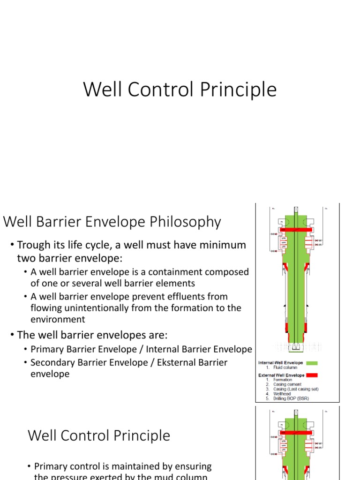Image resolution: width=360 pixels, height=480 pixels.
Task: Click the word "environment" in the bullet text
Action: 58,320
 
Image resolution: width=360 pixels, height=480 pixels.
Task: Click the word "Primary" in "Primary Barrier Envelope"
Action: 46,349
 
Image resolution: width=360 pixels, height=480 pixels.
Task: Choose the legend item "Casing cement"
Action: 288,384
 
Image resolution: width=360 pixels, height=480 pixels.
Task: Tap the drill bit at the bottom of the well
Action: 296,347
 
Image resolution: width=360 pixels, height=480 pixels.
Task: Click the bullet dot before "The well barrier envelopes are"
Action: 13,335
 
